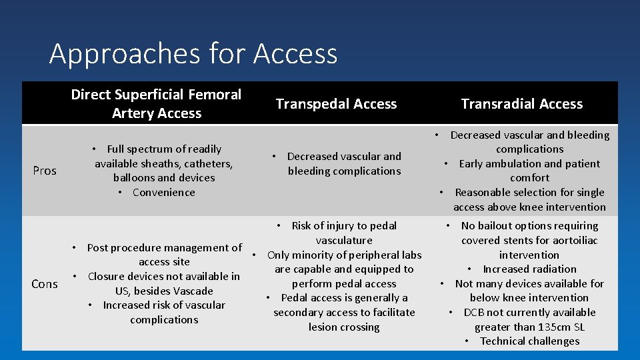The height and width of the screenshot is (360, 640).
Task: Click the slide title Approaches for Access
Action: pos(193,53)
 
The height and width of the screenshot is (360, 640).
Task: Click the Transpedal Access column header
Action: pos(336,104)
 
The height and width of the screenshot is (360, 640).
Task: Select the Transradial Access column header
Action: pos(522,104)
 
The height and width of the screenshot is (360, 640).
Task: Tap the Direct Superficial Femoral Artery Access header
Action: pos(157,104)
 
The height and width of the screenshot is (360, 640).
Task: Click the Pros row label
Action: pos(45,171)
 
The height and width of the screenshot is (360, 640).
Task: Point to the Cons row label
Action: pos(45,284)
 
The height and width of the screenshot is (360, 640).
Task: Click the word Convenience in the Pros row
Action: pos(164,193)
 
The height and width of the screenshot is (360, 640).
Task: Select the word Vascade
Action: pos(193,291)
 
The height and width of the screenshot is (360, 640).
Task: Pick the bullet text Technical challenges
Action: pos(529,341)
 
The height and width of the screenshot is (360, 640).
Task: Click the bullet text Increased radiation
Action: pos(529,269)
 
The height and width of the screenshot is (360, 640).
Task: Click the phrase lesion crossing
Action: pos(344,327)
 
